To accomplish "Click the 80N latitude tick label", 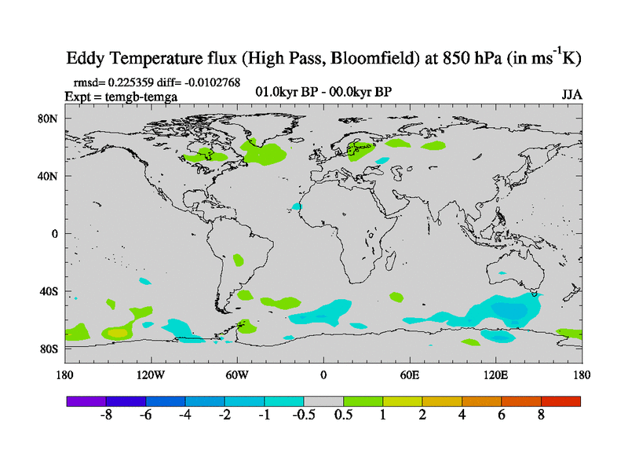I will [50, 119].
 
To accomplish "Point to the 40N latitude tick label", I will [50, 176].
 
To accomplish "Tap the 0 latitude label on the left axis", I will [55, 233].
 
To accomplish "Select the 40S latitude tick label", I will [50, 291].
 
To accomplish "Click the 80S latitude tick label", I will [50, 349].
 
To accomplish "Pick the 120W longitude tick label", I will [151, 374].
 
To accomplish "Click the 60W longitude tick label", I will [237, 374].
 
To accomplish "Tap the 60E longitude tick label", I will [410, 374].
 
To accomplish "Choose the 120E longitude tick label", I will [496, 374].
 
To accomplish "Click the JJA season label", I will [571, 94].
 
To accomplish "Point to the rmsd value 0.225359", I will [130, 82].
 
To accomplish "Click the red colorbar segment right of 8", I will [560, 401].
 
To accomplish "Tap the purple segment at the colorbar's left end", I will [86, 401].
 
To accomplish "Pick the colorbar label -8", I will [106, 415].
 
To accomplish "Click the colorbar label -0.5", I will [304, 415].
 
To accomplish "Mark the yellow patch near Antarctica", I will [116, 333].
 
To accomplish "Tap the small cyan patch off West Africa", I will [297, 206].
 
